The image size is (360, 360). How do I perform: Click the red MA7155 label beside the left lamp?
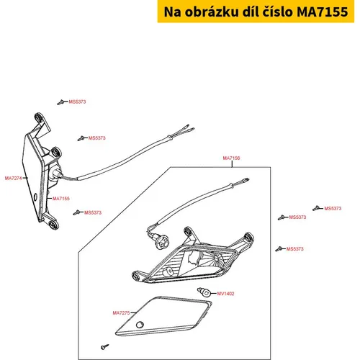coord(61,199)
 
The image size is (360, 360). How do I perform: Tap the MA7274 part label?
coord(13,178)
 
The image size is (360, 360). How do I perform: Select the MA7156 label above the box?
coord(231,158)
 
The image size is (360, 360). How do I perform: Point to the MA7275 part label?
coord(121,312)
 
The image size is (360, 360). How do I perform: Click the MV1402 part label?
coord(225,294)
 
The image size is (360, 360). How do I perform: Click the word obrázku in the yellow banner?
coord(211,12)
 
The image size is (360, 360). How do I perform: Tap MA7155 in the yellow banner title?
coord(323,12)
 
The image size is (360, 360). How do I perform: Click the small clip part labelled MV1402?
coord(204,292)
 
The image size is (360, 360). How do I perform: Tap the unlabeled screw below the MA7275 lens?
coord(104,346)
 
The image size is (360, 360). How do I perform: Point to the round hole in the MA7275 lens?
coord(140,325)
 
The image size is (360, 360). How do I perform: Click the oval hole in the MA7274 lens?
coord(35,197)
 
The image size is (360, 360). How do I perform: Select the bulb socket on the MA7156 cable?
coord(162,242)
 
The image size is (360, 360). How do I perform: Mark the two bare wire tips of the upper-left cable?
coord(189,128)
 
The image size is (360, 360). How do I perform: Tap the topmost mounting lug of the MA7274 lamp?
coord(39,117)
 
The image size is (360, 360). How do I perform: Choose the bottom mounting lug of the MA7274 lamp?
coord(53,225)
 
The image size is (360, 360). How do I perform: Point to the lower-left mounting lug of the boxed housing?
coord(137,276)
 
